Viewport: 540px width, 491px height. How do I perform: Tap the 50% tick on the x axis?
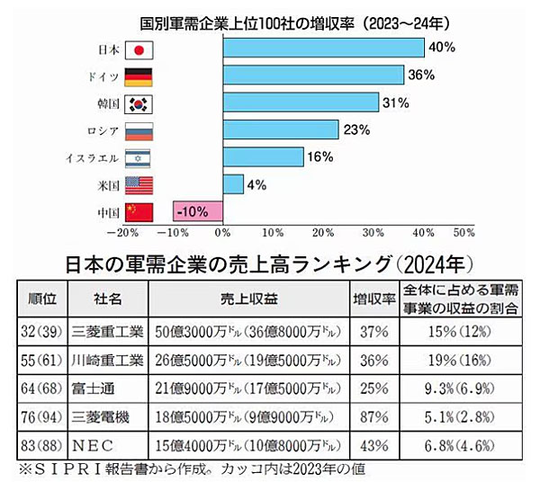[463, 232]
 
